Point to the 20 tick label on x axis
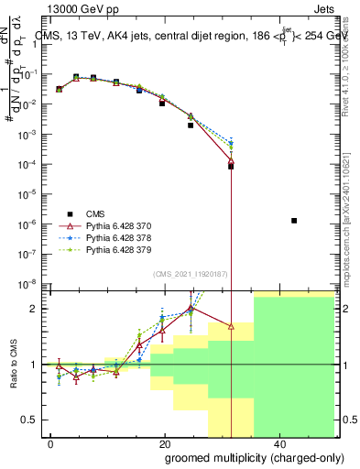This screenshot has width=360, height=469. pyautogui.click(x=165, y=443)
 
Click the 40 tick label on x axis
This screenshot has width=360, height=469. pyautogui.click(x=278, y=443)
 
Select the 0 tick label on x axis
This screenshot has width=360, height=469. pyautogui.click(x=50, y=443)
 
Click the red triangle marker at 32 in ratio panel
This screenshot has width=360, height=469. pyautogui.click(x=231, y=325)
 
